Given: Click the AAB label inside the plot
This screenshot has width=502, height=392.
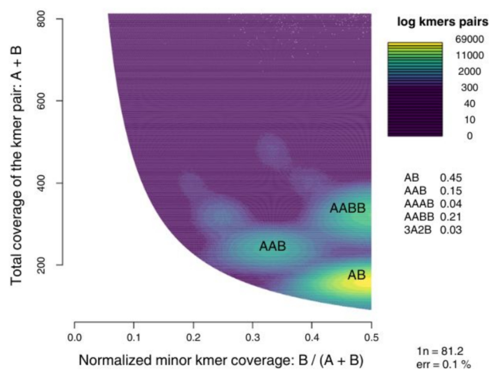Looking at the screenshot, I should point(272,247).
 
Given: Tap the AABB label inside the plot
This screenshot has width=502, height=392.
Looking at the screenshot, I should point(347,209).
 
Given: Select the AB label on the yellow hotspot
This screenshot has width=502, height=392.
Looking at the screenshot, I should point(357,276).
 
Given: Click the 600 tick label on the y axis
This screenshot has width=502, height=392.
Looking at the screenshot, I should point(41,101).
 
